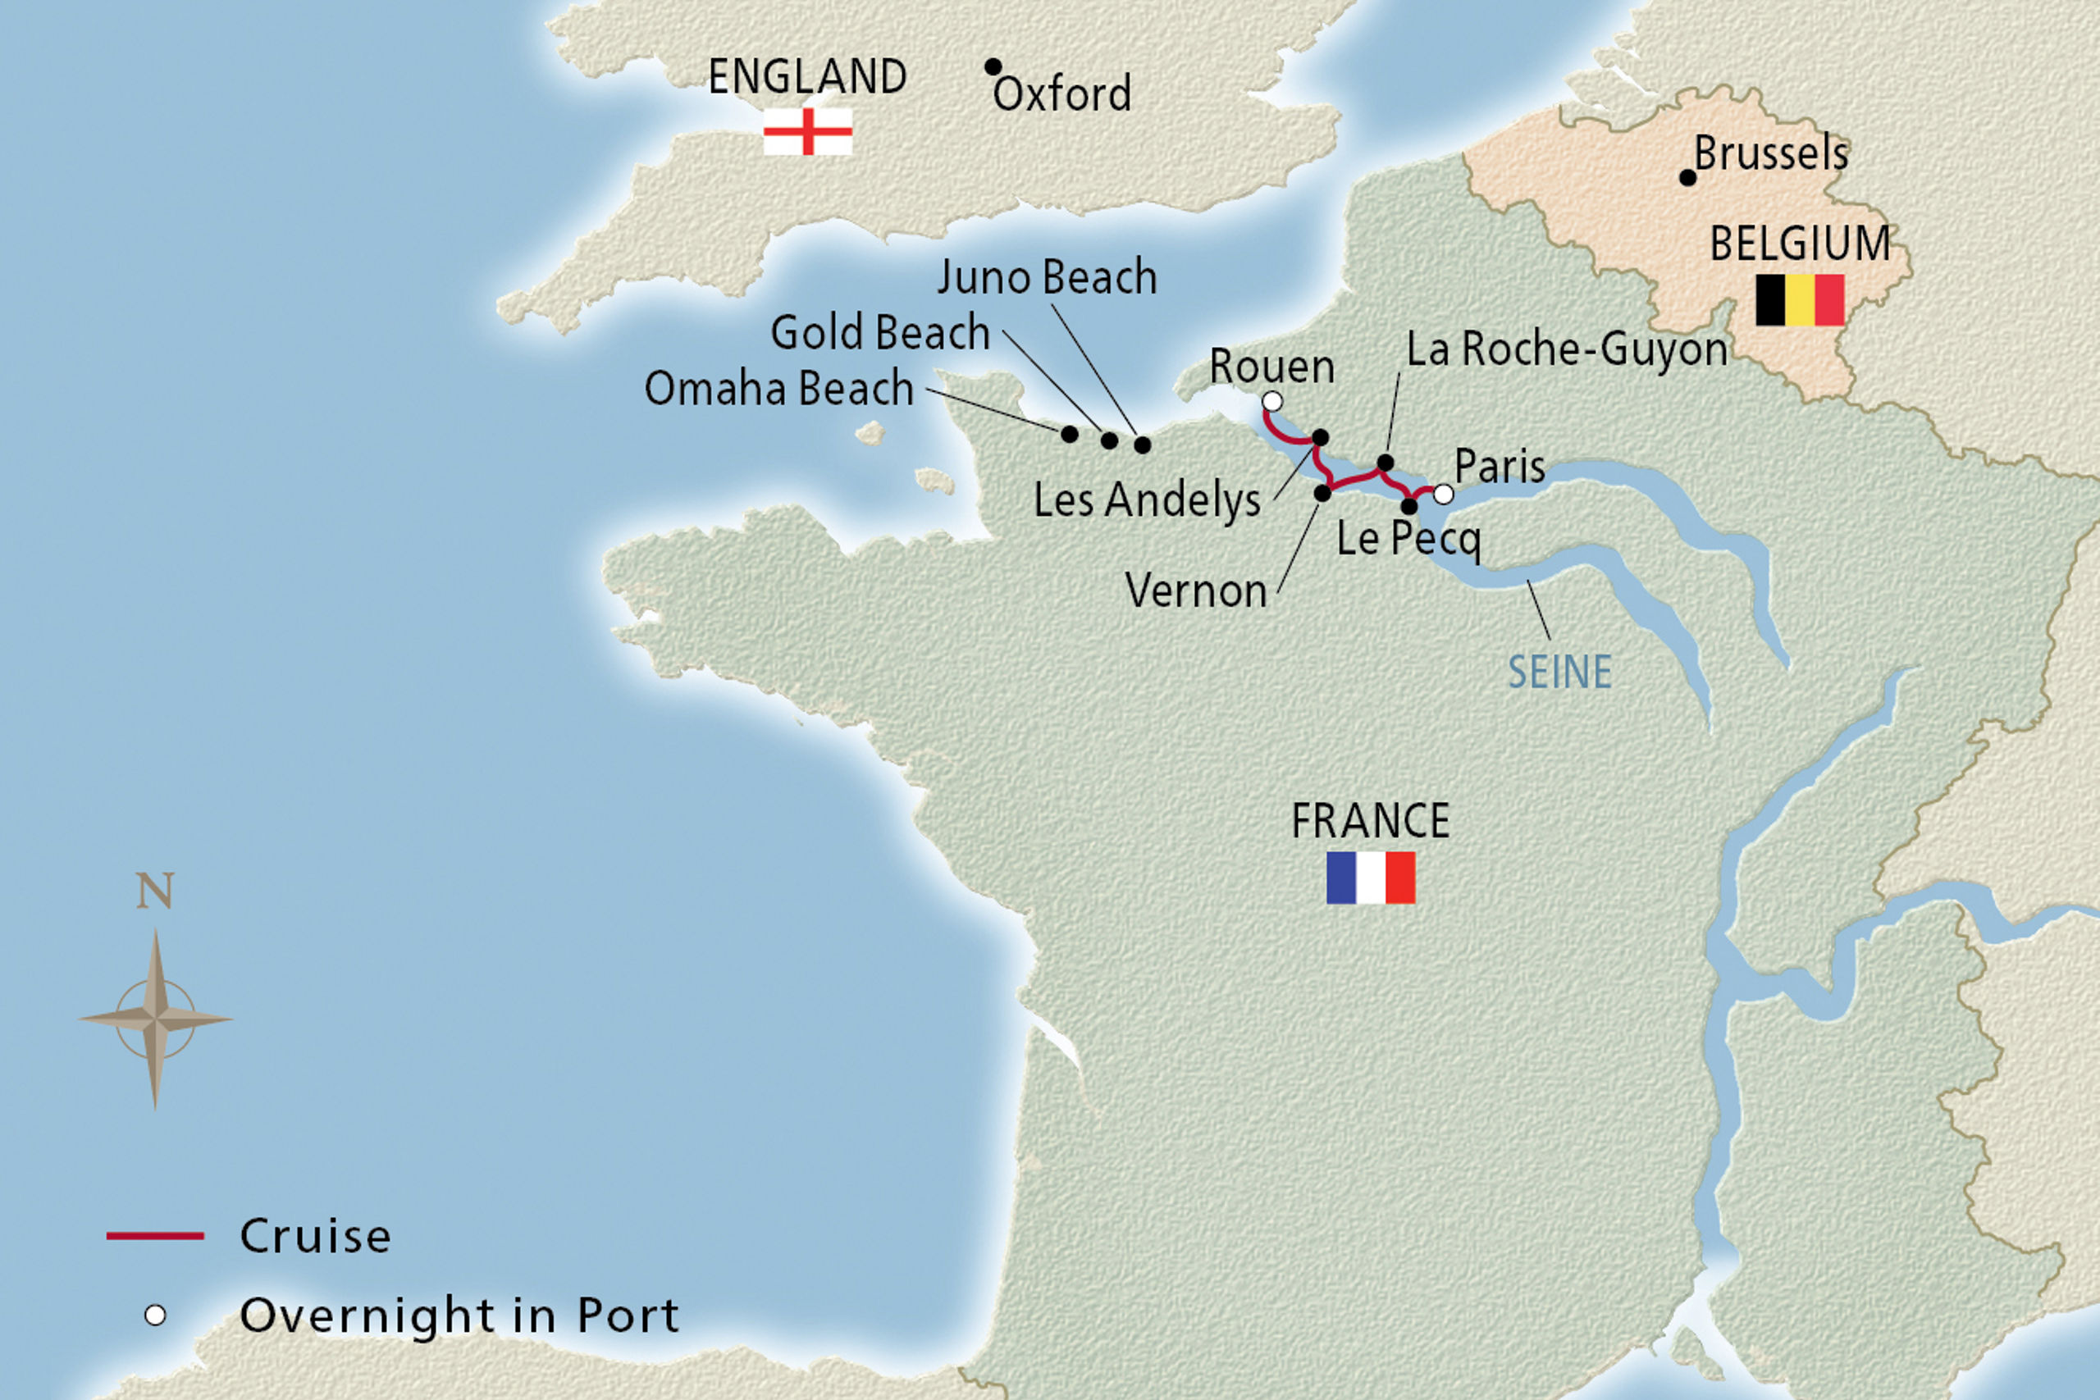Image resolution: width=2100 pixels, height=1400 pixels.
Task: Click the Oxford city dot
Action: click(992, 67)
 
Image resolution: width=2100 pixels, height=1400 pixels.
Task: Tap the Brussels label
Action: click(1770, 153)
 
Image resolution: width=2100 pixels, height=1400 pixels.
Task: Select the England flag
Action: click(807, 132)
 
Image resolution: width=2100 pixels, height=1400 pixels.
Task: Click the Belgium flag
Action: click(1799, 300)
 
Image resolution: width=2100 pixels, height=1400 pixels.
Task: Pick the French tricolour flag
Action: click(1371, 878)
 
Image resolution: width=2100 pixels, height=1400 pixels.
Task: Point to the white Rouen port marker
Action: click(1272, 402)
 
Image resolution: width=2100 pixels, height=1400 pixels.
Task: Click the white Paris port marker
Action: click(1443, 494)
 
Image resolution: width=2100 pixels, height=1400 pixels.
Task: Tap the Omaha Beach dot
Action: click(1069, 434)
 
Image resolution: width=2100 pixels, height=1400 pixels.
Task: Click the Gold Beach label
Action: click(880, 332)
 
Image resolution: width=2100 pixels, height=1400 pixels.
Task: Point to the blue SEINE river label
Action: click(1559, 673)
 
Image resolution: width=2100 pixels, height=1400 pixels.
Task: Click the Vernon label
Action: click(1195, 591)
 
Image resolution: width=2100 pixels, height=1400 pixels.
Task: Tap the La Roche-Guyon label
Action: click(1567, 349)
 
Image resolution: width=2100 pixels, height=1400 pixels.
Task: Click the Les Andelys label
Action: click(1147, 500)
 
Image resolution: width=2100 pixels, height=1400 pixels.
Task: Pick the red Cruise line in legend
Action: click(155, 1236)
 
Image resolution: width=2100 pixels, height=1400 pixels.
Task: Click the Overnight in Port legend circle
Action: click(155, 1316)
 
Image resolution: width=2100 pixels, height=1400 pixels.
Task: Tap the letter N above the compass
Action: click(154, 891)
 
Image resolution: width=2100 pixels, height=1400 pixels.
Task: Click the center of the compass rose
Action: click(155, 1019)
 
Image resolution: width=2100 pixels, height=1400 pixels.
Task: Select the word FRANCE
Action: click(1371, 820)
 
